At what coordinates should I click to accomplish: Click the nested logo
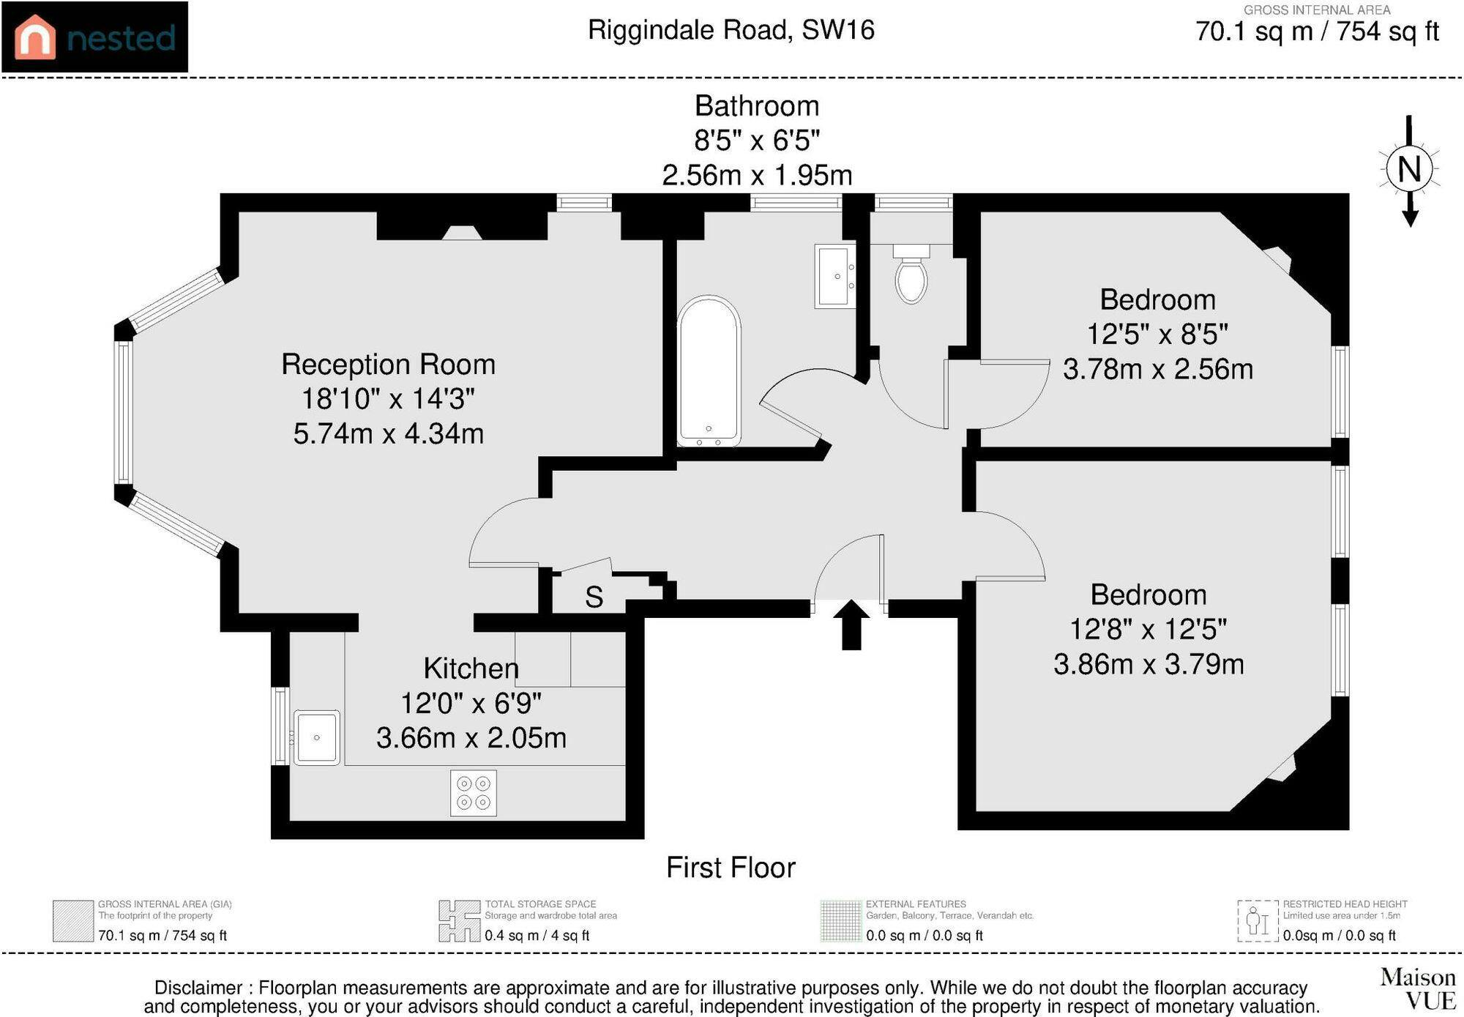point(94,37)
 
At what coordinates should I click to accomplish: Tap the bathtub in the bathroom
point(709,371)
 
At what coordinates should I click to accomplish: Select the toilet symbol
point(911,274)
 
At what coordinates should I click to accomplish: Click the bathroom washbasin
point(835,276)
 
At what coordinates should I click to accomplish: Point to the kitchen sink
point(316,737)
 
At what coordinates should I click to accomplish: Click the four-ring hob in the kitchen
point(473,793)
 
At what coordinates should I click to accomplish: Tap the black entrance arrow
point(851,625)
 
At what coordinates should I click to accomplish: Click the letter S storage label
point(594,597)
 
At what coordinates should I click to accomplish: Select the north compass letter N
point(1409,169)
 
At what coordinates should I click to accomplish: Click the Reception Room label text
point(389,364)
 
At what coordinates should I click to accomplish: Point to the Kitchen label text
point(471,668)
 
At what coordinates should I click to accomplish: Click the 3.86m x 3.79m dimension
point(1149,664)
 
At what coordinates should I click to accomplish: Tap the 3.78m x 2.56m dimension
point(1158,369)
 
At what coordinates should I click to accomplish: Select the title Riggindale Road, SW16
point(731,30)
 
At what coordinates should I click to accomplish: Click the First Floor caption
point(731,868)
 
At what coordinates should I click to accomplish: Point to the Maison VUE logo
point(1418,988)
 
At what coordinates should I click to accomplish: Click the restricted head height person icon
point(1258,921)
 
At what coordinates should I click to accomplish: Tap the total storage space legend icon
point(459,921)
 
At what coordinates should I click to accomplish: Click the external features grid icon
point(841,921)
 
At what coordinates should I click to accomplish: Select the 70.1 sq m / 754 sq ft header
point(1317,31)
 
